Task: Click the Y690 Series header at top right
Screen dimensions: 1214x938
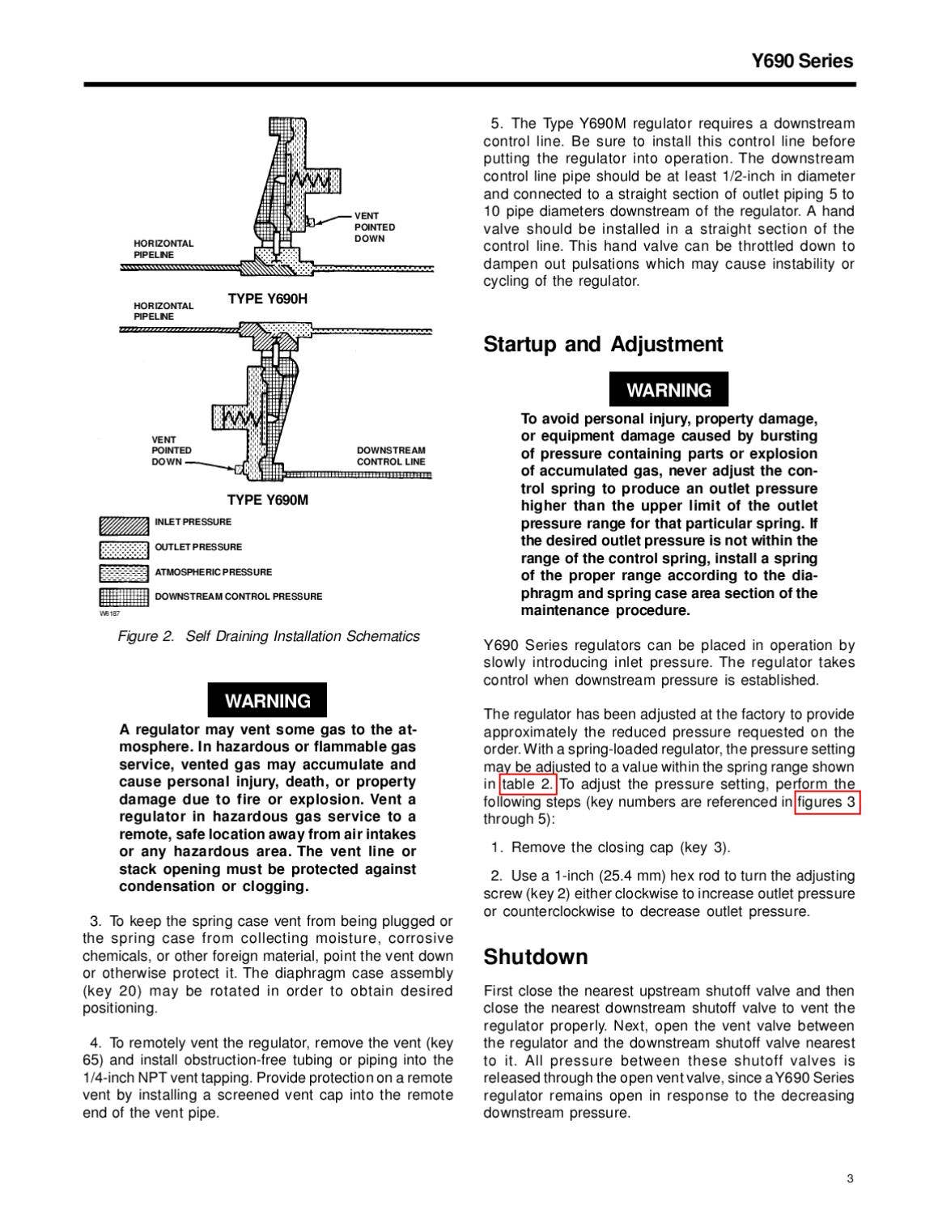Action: click(801, 62)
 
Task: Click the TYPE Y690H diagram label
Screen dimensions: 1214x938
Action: click(267, 299)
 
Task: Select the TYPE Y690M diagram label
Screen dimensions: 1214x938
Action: click(267, 499)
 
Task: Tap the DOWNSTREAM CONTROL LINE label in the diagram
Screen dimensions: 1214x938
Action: click(391, 456)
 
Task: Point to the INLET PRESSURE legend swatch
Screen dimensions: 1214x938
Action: click(124, 525)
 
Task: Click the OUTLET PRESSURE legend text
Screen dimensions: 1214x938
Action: click(198, 547)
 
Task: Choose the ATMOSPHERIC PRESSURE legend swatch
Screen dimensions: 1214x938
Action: click(124, 574)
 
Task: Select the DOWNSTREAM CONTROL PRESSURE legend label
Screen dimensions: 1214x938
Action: click(238, 596)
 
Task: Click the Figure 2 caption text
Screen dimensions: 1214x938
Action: click(269, 636)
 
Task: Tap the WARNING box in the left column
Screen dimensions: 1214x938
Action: click(267, 701)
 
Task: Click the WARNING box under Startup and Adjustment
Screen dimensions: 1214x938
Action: click(668, 390)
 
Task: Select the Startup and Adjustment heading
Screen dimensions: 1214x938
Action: click(603, 345)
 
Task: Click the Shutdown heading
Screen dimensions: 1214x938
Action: click(536, 957)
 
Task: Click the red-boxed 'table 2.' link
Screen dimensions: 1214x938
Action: click(527, 784)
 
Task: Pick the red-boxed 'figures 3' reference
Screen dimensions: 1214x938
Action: click(826, 802)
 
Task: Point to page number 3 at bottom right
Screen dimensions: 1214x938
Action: click(850, 1178)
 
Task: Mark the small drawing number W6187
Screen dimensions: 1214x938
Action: click(109, 614)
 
